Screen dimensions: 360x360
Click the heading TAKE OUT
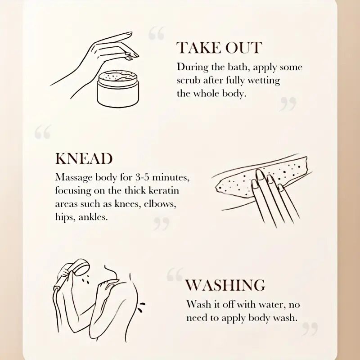click(219, 48)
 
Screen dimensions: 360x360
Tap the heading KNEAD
click(84, 158)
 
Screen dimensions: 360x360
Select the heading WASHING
click(225, 285)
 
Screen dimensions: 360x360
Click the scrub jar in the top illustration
click(118, 89)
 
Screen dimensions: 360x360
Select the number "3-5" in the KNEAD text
click(142, 177)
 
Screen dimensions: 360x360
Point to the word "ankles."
click(93, 217)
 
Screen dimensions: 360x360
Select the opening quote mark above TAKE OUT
click(156, 33)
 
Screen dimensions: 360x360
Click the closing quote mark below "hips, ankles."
click(162, 224)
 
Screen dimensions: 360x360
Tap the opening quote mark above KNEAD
click(43, 132)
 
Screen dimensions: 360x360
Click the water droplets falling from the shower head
click(85, 280)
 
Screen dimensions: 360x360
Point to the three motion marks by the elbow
click(141, 307)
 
